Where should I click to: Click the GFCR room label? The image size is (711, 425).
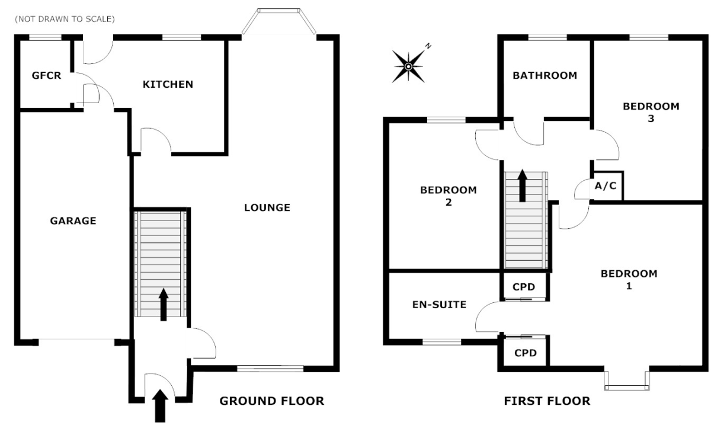pyautogui.click(x=46, y=75)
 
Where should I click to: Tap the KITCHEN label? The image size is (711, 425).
pyautogui.click(x=168, y=84)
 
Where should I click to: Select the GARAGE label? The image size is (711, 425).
pyautogui.click(x=73, y=221)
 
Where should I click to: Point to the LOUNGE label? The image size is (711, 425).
pyautogui.click(x=267, y=207)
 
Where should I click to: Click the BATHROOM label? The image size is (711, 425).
pyautogui.click(x=545, y=75)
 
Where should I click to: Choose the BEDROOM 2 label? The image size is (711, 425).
pyautogui.click(x=448, y=196)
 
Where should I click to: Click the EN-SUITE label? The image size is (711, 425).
pyautogui.click(x=439, y=305)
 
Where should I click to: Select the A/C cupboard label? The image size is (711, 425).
pyautogui.click(x=606, y=186)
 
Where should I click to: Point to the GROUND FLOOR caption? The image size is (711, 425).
pyautogui.click(x=272, y=401)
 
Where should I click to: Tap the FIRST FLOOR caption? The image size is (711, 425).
pyautogui.click(x=547, y=401)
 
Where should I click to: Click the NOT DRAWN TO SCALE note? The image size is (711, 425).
pyautogui.click(x=65, y=20)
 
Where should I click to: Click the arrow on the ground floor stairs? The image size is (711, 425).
pyautogui.click(x=164, y=305)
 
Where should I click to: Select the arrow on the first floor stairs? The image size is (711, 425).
pyautogui.click(x=523, y=186)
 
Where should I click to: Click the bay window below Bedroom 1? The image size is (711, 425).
pyautogui.click(x=627, y=382)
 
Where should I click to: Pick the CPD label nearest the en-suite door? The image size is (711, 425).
pyautogui.click(x=524, y=287)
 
